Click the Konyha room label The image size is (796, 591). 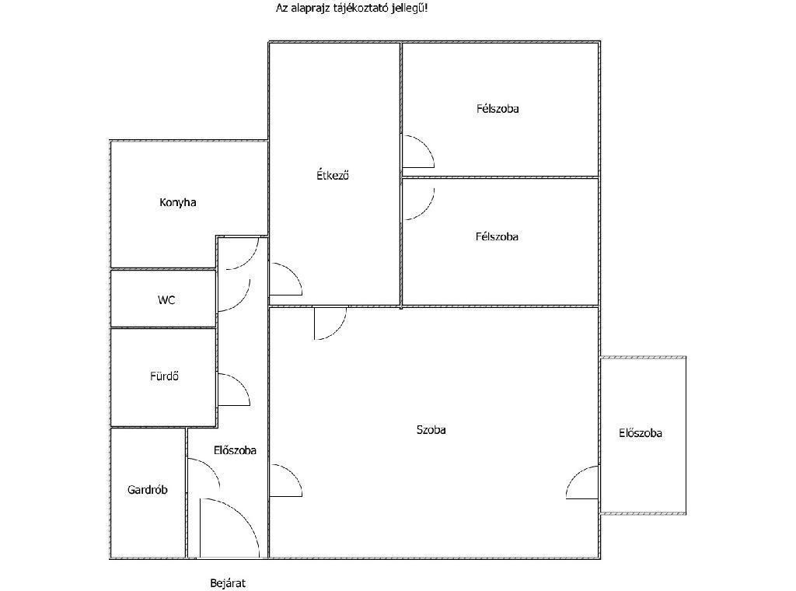click(x=178, y=203)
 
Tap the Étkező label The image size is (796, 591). click(x=333, y=175)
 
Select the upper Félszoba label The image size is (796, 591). click(x=497, y=109)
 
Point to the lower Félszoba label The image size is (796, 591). click(x=497, y=236)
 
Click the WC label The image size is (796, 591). click(x=166, y=300)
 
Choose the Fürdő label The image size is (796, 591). click(x=165, y=376)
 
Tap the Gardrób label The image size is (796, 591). click(x=147, y=490)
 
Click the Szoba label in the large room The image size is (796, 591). click(x=431, y=430)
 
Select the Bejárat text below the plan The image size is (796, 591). click(x=228, y=583)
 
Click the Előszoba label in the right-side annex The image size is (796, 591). click(x=641, y=433)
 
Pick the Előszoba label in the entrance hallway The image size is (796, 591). click(x=235, y=450)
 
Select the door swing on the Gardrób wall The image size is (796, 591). click(x=211, y=467)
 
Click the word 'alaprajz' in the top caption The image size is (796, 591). click(x=309, y=8)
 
